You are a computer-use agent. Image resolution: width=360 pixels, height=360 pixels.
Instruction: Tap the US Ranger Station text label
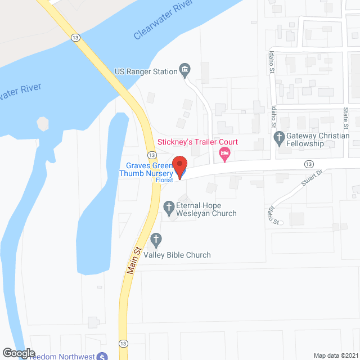coord(145,71)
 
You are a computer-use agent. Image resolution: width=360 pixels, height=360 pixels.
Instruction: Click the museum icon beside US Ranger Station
coord(184,70)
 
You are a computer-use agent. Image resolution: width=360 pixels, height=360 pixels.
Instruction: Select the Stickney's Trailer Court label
coord(197,142)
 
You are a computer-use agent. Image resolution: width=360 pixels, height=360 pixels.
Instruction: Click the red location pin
coord(179,167)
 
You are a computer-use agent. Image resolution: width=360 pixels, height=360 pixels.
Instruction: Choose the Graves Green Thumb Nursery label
coord(149,169)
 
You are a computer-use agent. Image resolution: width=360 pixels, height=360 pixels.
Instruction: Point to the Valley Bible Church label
coord(177,255)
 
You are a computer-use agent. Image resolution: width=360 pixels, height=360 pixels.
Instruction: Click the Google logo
coord(19,353)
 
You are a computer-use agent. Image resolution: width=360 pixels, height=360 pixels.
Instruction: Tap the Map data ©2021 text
coord(336,355)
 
